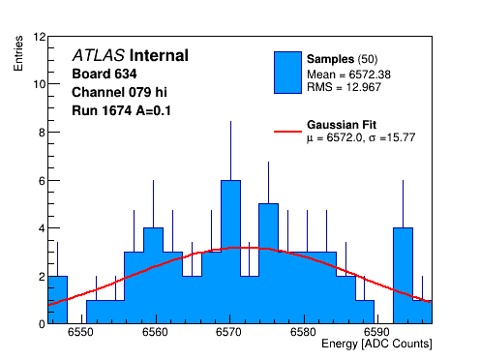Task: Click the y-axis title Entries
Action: (18, 53)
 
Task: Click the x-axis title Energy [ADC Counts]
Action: (376, 344)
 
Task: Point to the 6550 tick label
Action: (80, 332)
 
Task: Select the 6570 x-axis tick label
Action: (228, 332)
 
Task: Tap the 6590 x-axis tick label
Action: (376, 332)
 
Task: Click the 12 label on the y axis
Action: (40, 37)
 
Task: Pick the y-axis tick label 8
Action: (42, 133)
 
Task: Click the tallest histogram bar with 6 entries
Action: (230, 252)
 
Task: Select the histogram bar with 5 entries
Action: (268, 263)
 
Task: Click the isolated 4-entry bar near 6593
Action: (403, 276)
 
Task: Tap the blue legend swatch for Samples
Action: (287, 73)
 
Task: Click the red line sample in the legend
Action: (287, 132)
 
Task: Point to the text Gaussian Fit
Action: (342, 125)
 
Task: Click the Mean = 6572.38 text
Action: (348, 75)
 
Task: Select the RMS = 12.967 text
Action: (344, 87)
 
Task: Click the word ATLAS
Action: (99, 55)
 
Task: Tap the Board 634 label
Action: (105, 74)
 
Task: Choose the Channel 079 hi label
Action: (119, 92)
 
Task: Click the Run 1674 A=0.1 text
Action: (121, 110)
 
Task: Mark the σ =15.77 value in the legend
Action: (392, 137)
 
